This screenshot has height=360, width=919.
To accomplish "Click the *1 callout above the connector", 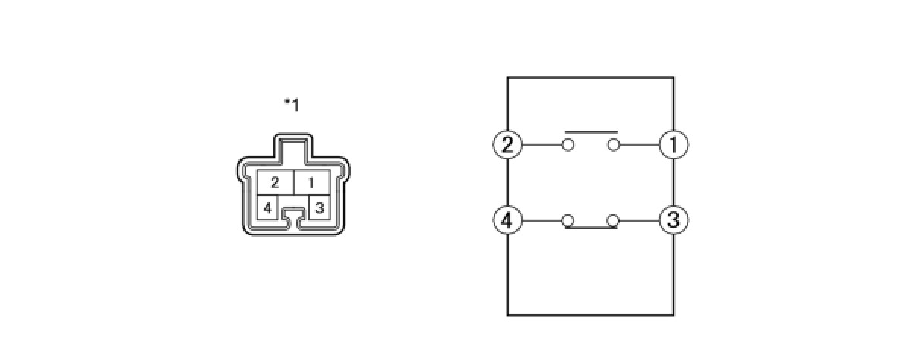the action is (x=292, y=105).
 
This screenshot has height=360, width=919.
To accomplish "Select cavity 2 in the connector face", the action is (x=275, y=183).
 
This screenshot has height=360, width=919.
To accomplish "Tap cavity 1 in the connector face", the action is (x=312, y=183).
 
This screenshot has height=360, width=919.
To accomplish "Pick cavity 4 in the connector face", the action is (x=267, y=207).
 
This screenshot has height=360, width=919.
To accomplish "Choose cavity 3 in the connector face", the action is (x=320, y=207).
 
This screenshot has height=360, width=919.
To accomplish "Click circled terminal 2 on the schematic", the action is (x=507, y=144).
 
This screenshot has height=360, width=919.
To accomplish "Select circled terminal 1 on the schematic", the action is (x=673, y=144).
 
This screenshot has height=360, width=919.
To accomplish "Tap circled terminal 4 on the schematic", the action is (x=507, y=221).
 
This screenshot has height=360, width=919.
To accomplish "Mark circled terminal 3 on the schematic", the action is (x=673, y=221).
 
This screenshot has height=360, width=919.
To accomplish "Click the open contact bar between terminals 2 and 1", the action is (x=590, y=131).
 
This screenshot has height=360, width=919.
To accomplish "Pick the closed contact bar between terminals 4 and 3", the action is (x=590, y=227).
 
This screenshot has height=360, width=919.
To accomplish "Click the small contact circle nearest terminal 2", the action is (x=567, y=144).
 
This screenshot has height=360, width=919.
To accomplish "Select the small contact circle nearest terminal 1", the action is (x=614, y=144).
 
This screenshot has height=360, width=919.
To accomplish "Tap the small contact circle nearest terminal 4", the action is (x=567, y=221).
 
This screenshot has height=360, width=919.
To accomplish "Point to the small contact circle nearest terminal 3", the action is (x=614, y=221).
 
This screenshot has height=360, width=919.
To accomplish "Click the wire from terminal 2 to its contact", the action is (x=541, y=144).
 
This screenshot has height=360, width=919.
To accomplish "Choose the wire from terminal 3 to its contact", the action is (x=639, y=221).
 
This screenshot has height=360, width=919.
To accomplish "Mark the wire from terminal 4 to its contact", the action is (x=541, y=221).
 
